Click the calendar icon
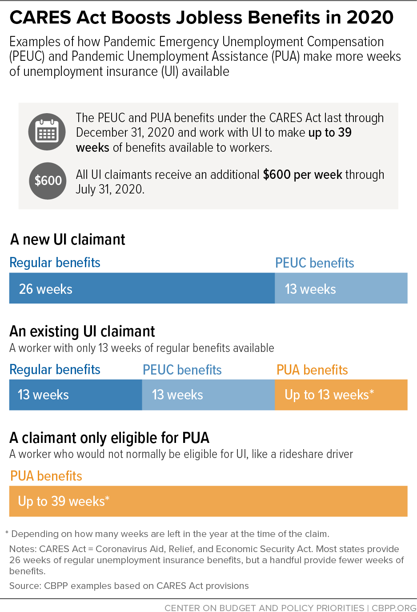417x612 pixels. pos(47,132)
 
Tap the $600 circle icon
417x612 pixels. pos(48,181)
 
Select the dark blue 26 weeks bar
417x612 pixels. pos(142,288)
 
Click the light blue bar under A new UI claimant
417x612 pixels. pos(341,288)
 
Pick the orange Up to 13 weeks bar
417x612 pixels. pos(341,395)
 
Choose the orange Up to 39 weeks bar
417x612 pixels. pos(208,501)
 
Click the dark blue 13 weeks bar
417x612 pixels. pos(76,395)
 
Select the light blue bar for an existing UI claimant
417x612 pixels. pos(208,395)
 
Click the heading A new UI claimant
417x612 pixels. pos(68,240)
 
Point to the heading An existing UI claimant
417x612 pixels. pos(82,332)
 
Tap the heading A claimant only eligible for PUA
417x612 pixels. pos(109,438)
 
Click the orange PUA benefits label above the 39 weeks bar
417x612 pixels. pos(46,476)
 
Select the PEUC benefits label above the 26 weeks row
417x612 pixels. pos(314,263)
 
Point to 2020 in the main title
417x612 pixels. pos(370,18)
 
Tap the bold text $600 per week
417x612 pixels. pos(302,175)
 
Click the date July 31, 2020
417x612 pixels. pos(110,190)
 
